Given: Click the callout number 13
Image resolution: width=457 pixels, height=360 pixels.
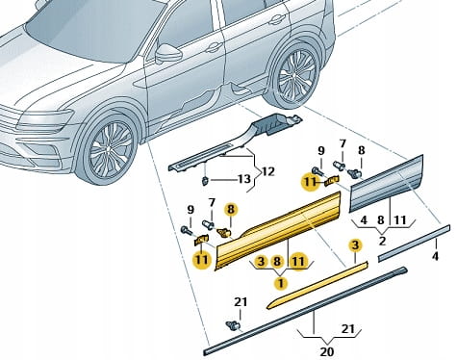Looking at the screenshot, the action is click(244, 179).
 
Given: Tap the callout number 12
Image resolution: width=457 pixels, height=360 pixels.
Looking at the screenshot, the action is click(268, 172).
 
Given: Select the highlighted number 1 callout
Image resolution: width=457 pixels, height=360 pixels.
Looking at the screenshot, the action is click(281, 283).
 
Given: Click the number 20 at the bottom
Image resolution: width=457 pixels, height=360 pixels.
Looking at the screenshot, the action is click(327, 351).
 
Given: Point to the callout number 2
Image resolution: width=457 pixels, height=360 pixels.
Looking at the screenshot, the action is click(382, 241).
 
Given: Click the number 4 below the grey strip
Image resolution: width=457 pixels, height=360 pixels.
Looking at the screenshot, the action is click(435, 256).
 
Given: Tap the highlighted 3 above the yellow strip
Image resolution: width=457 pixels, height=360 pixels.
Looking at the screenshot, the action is click(355, 245).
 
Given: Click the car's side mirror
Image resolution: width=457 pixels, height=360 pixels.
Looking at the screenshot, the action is click(168, 53).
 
